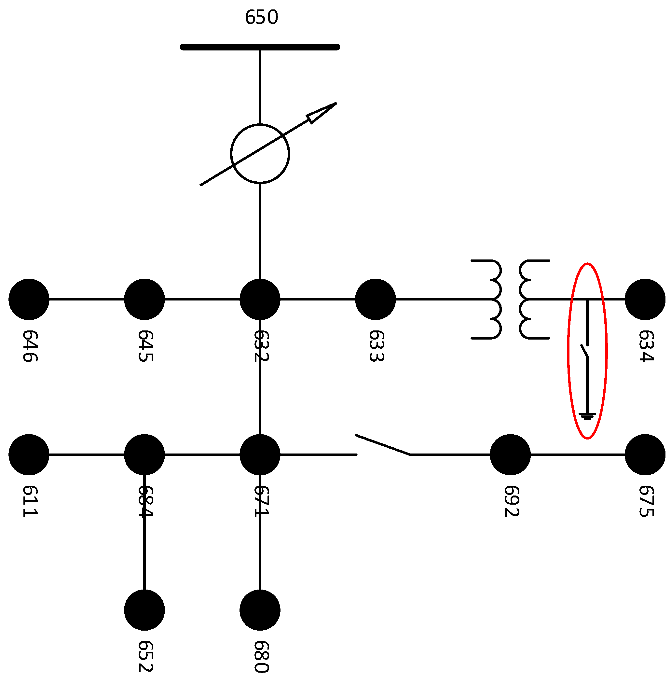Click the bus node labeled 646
[29, 299]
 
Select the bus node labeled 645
[144, 299]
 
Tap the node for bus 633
[375, 299]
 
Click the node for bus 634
[645, 299]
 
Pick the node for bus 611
[29, 454]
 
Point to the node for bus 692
[510, 454]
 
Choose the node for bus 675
[645, 454]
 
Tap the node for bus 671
[260, 454]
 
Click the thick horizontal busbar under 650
[260, 47]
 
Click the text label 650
[262, 17]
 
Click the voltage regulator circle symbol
[260, 154]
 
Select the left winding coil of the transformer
[492, 299]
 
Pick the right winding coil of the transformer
[528, 299]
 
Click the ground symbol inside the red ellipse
[587, 416]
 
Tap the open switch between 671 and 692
[383, 445]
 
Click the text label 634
[646, 346]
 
